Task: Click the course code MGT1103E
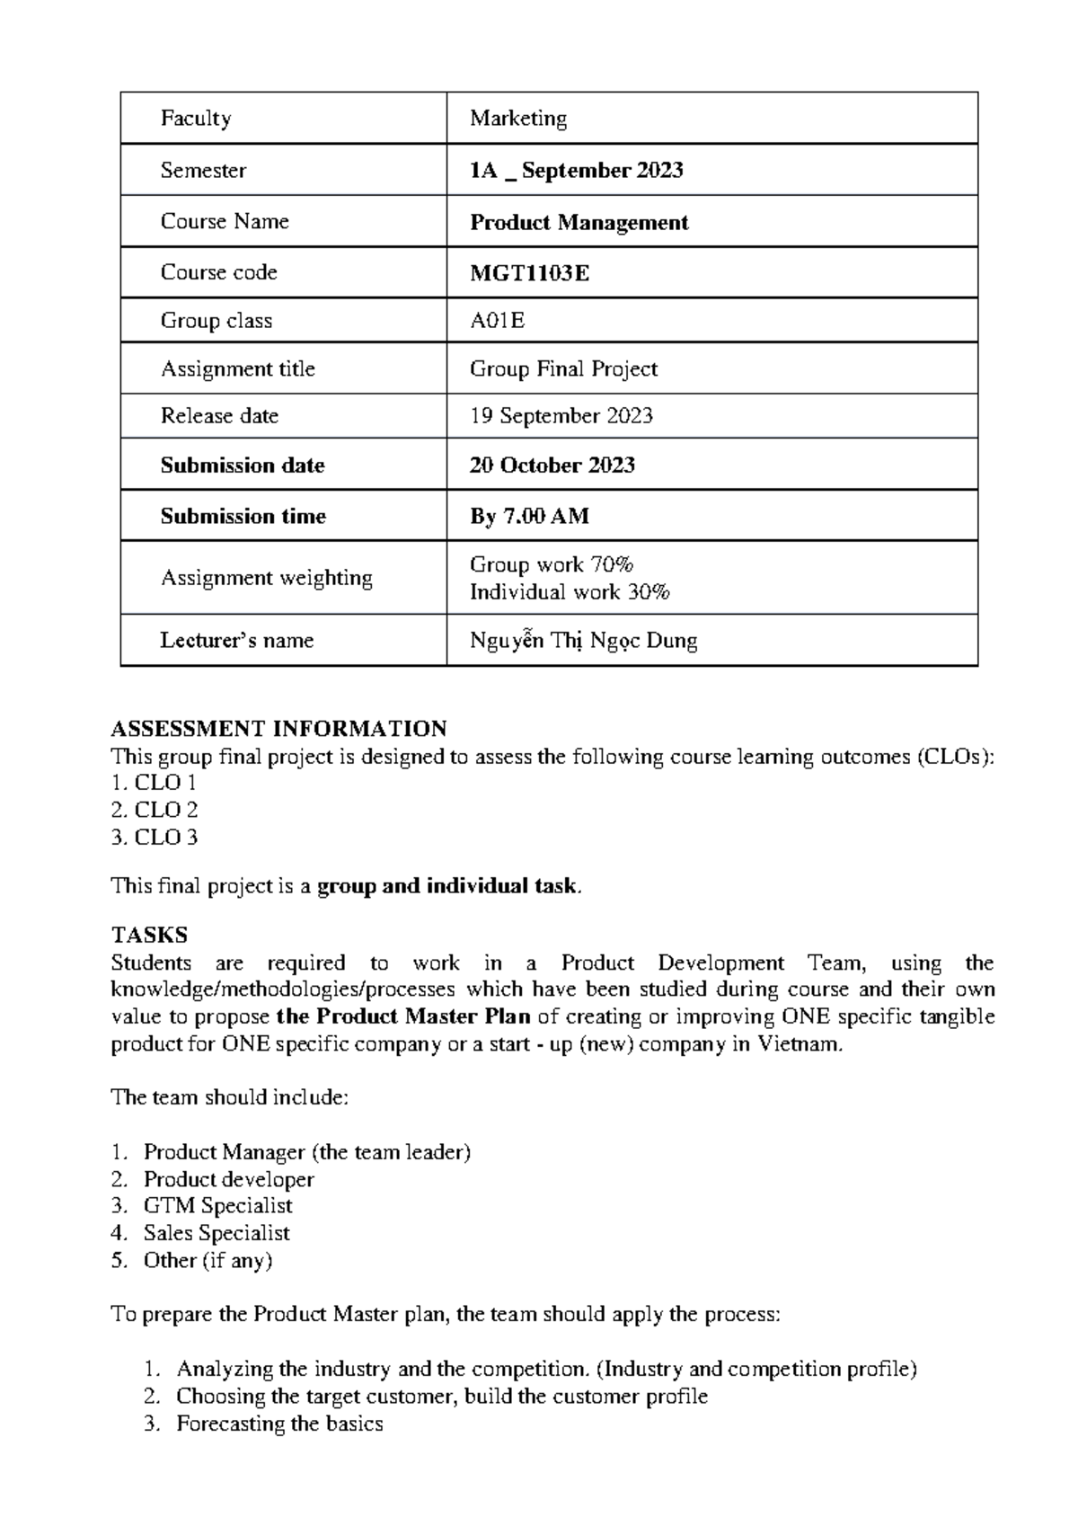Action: pyautogui.click(x=529, y=273)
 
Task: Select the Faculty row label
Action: pyautogui.click(x=196, y=119)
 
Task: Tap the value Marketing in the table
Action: pyautogui.click(x=518, y=119)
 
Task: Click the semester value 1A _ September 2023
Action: pyautogui.click(x=576, y=171)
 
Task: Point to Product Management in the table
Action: pyautogui.click(x=579, y=223)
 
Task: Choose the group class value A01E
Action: pyautogui.click(x=497, y=321)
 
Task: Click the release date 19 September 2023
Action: pyautogui.click(x=561, y=416)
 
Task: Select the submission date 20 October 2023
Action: pyautogui.click(x=552, y=466)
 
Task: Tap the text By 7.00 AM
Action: pyautogui.click(x=529, y=517)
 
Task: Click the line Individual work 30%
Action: pyautogui.click(x=570, y=592)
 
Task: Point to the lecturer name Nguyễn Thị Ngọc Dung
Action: pyautogui.click(x=583, y=641)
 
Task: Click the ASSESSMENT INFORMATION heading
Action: pyautogui.click(x=278, y=728)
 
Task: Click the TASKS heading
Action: pyautogui.click(x=149, y=936)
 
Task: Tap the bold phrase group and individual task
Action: pyautogui.click(x=446, y=886)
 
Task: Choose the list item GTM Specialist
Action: pyautogui.click(x=217, y=1206)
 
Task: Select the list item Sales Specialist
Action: pyautogui.click(x=216, y=1233)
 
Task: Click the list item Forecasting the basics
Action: pyautogui.click(x=279, y=1424)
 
